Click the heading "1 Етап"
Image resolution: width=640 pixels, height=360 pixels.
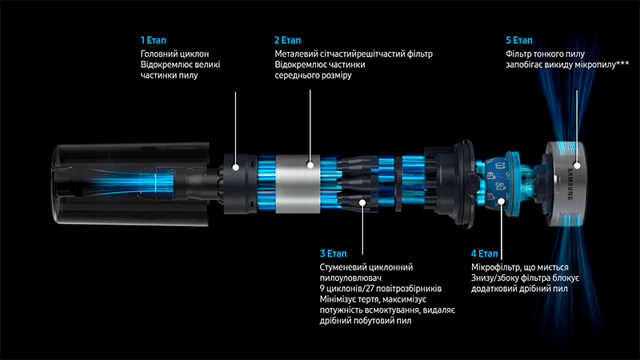[x=153, y=40]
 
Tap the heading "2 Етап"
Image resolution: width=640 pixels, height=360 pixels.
[x=287, y=40]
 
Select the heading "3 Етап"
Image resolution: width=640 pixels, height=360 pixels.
[x=333, y=254]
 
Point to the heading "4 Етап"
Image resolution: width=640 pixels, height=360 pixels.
[x=485, y=254]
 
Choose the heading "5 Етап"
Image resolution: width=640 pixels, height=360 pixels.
[x=519, y=40]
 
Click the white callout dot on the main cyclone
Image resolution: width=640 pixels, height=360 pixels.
[x=235, y=167]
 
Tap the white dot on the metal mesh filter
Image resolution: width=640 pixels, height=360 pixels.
[x=310, y=165]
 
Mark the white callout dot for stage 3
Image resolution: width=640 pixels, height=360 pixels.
[x=362, y=202]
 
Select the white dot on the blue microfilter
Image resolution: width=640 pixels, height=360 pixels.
[x=502, y=201]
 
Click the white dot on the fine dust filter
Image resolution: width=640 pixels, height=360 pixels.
[x=577, y=166]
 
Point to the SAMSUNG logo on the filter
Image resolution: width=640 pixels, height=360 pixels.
[x=570, y=184]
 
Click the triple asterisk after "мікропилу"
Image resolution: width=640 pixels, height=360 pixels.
[x=623, y=62]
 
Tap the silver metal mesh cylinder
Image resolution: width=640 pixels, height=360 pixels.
[x=298, y=184]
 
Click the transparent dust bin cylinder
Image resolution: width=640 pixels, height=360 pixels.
[x=130, y=183]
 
